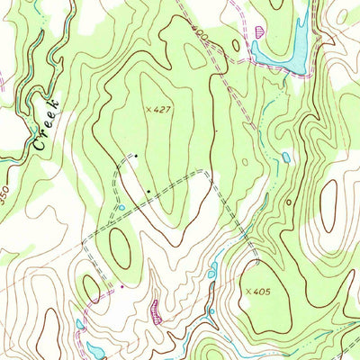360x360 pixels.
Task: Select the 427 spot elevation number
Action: tap(161, 109)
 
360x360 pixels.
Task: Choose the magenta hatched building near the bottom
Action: tap(157, 310)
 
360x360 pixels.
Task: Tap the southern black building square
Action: tap(148, 191)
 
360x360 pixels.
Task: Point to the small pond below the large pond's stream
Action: tap(285, 157)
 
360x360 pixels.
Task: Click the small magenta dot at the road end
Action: tap(121, 287)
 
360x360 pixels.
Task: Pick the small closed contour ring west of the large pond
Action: tap(236, 45)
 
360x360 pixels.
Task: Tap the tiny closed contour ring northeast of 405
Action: tap(288, 202)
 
